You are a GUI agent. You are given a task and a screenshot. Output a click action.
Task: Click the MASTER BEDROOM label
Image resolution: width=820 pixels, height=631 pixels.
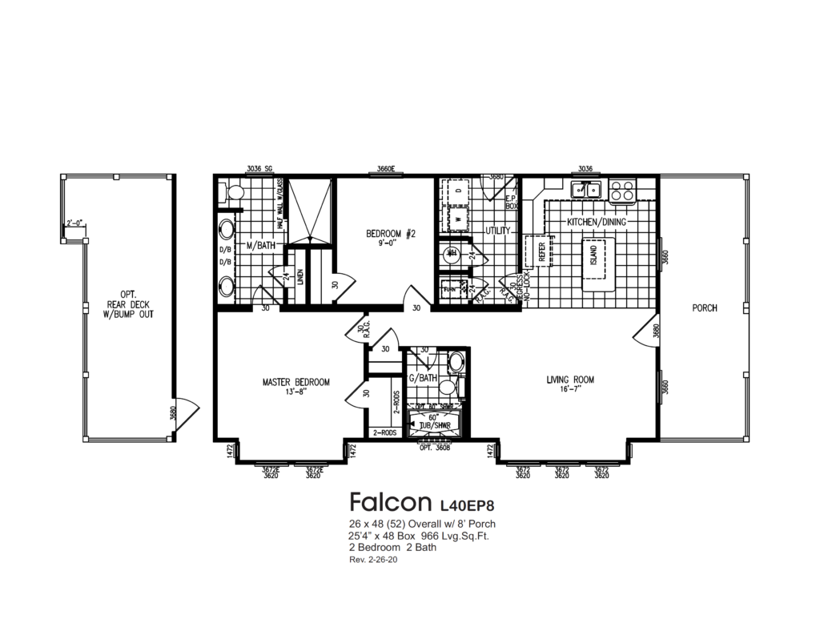coord(295,382)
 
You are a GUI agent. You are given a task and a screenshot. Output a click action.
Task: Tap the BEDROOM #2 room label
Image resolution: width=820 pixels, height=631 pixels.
coord(391,234)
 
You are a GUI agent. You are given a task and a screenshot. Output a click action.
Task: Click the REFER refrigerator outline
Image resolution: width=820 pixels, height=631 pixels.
coord(534,251)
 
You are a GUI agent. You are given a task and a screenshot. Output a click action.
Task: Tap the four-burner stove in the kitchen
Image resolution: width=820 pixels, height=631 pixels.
coord(622,191)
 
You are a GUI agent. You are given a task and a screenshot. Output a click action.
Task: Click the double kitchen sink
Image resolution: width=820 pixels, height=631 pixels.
coord(586,190)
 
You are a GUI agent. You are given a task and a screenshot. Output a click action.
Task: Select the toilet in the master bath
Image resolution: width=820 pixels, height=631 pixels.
coord(232,191)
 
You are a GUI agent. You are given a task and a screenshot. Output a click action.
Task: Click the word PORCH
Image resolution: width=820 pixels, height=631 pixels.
coord(705,307)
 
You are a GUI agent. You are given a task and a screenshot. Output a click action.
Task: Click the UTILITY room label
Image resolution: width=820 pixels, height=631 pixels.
coord(498,231)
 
